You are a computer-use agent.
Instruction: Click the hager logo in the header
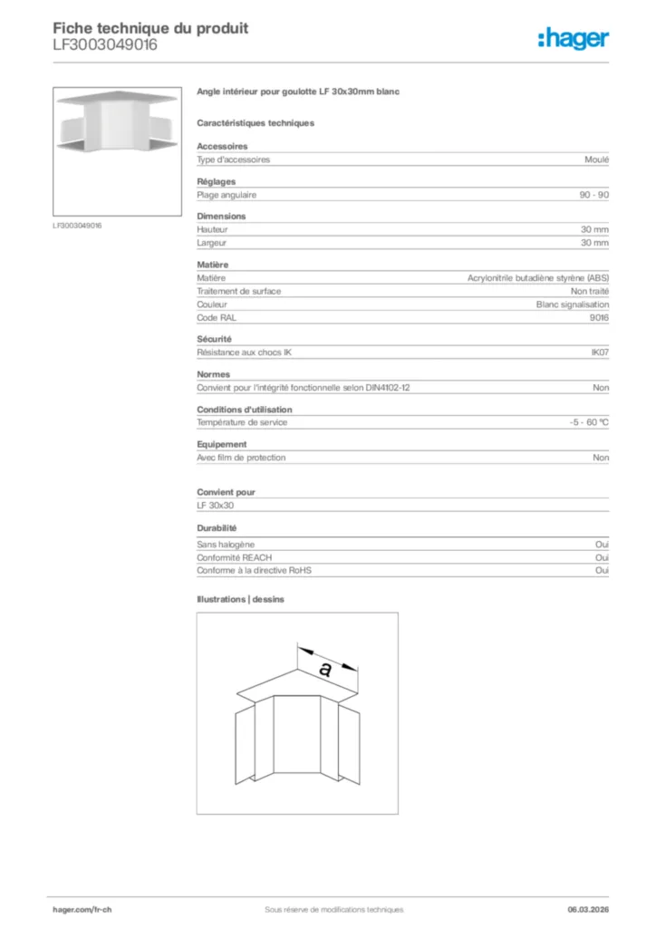point(573,38)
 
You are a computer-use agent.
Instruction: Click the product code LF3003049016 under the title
point(104,44)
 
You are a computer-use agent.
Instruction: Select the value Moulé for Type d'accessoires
point(597,159)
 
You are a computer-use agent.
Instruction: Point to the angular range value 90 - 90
point(594,195)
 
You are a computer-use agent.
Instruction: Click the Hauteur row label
point(212,230)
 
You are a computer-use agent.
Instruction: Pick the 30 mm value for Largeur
point(594,243)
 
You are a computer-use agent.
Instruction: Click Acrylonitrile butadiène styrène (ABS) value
point(538,278)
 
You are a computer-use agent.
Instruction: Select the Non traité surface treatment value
point(590,291)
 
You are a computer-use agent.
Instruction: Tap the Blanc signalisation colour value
point(573,304)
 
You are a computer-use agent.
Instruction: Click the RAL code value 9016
point(599,318)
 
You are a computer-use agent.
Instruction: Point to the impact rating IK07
point(599,352)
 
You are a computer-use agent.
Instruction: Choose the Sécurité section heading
point(214,339)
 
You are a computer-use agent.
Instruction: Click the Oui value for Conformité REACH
point(602,557)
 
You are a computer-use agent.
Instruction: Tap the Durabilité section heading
point(217,527)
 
